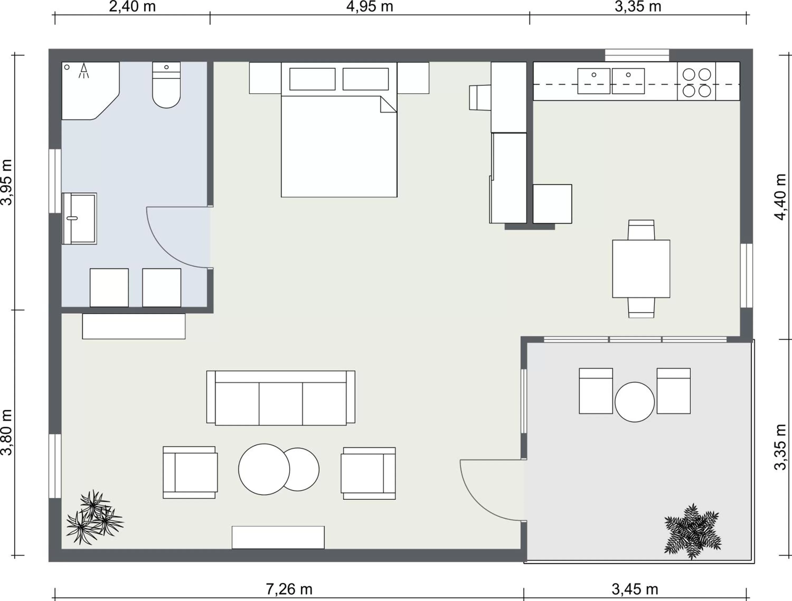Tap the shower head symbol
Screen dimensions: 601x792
(83, 70)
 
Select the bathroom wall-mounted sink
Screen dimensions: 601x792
(79, 218)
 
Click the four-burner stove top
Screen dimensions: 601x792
(696, 83)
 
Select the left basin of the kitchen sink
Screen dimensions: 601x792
(594, 81)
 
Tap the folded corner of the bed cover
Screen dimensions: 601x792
(388, 105)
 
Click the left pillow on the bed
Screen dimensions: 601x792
(312, 79)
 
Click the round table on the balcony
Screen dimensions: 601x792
(634, 402)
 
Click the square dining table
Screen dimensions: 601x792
(641, 269)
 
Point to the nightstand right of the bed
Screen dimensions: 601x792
(413, 78)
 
